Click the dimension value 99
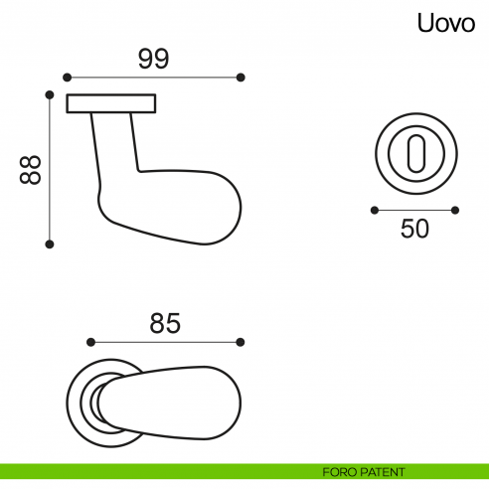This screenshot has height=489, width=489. pyautogui.click(x=153, y=59)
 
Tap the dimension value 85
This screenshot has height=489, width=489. pyautogui.click(x=165, y=323)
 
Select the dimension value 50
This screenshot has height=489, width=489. pyautogui.click(x=414, y=229)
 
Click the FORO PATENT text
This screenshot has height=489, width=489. pyautogui.click(x=364, y=471)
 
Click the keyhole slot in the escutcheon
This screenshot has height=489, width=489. pyautogui.click(x=414, y=153)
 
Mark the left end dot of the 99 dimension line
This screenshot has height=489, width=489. pyautogui.click(x=67, y=77)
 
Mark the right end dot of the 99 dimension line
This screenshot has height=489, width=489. pyautogui.click(x=242, y=77)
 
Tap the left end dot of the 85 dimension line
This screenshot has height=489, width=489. pyautogui.click(x=89, y=341)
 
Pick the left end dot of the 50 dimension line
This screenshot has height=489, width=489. pyautogui.click(x=374, y=210)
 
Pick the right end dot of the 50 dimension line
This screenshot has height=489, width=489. pyautogui.click(x=455, y=210)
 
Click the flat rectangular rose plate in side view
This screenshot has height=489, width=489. pyautogui.click(x=111, y=103)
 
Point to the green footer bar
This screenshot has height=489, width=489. pyautogui.click(x=149, y=471)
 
